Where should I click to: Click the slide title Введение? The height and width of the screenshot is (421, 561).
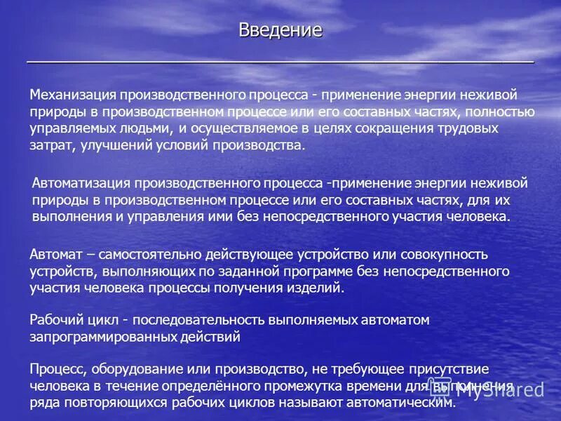pos(280,30)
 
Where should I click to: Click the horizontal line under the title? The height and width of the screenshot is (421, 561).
pos(280,62)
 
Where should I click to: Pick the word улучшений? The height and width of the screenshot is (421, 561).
pos(108,145)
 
